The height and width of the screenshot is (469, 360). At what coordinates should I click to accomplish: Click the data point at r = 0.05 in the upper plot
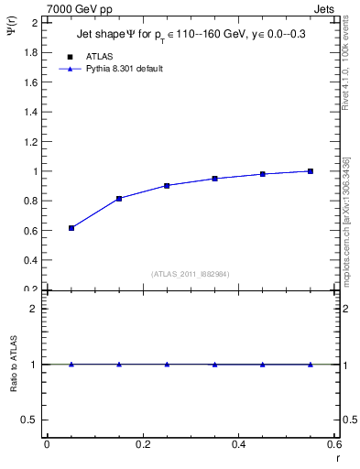point(71,228)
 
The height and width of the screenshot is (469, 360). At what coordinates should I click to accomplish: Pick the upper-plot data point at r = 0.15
point(119,198)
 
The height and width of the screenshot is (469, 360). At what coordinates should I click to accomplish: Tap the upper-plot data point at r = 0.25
point(167,185)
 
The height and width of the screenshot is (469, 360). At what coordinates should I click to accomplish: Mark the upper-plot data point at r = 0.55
point(311,171)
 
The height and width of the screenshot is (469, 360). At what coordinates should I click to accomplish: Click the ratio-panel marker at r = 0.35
point(214,365)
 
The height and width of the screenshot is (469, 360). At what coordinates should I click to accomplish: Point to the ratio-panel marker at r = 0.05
point(71,365)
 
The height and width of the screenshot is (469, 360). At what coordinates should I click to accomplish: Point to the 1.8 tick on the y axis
point(30,52)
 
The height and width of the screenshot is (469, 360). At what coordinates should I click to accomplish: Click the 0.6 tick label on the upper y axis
point(30,230)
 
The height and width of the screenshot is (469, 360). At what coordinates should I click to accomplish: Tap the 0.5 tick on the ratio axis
point(30,420)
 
